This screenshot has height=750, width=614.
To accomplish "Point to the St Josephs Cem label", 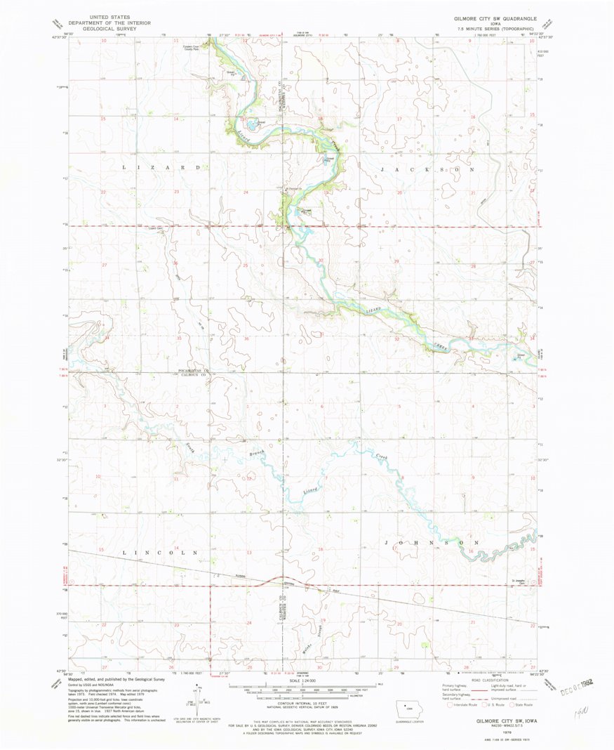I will click(519, 581).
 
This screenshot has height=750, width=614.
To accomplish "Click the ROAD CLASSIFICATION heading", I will click(489, 680).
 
